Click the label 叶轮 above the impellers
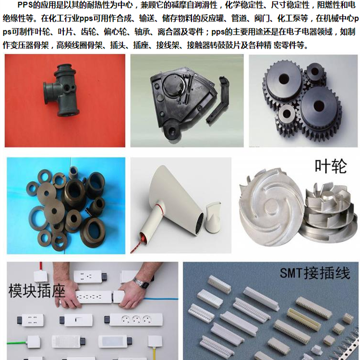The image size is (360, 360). pos(330,166)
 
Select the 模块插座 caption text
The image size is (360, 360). pos(37,290)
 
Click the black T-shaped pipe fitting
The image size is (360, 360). pos(61,90)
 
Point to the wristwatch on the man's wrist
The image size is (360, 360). pos(141,284)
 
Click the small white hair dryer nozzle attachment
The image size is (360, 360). pos(213,216)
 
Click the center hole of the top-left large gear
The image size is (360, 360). pos(284,79)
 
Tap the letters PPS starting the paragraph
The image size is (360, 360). pos(24,5)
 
